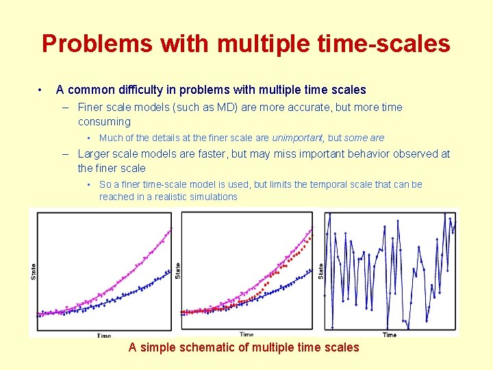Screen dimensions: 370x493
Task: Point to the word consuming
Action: pos(104,122)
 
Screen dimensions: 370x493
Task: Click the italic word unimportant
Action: pos(297,138)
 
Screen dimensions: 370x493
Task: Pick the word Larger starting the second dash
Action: pos(96,153)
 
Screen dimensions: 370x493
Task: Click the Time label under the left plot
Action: pos(104,336)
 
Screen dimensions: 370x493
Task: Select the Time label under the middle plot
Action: pos(246,334)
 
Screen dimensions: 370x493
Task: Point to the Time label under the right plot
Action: pos(389,334)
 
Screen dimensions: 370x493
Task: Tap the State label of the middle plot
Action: pos(177,270)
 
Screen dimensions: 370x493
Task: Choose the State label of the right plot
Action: pos(320,271)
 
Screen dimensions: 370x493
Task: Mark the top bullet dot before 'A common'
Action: pos(42,90)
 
